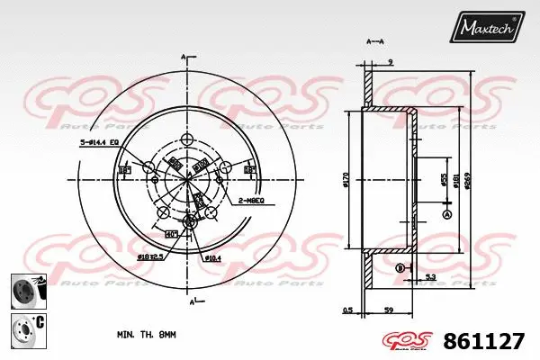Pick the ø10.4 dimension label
pyautogui.click(x=212, y=258)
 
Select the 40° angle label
pyautogui.click(x=171, y=234)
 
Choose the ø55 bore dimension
pyautogui.click(x=443, y=181)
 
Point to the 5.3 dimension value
pyautogui.click(x=431, y=276)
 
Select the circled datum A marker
pyautogui.click(x=447, y=213)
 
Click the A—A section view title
pyautogui.click(x=375, y=42)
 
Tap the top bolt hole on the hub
pyautogui.click(x=188, y=139)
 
